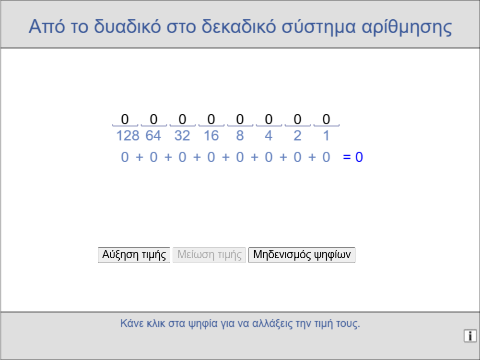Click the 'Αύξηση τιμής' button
pyautogui.click(x=134, y=255)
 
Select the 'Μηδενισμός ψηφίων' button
pyautogui.click(x=302, y=255)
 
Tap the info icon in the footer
pyautogui.click(x=470, y=336)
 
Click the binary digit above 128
pyautogui.click(x=125, y=119)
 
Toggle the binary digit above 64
pyautogui.click(x=153, y=119)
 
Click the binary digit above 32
pyautogui.click(x=182, y=119)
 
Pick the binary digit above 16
pyautogui.click(x=211, y=119)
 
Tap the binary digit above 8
pyautogui.click(x=240, y=119)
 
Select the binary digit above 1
pyautogui.click(x=326, y=119)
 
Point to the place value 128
pyautogui.click(x=128, y=136)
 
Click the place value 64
pyautogui.click(x=153, y=136)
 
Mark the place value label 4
pyautogui.click(x=269, y=136)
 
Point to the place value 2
pyautogui.click(x=297, y=136)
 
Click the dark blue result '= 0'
pyautogui.click(x=353, y=157)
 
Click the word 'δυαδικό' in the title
pyautogui.click(x=127, y=26)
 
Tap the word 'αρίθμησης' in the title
pyautogui.click(x=407, y=27)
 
